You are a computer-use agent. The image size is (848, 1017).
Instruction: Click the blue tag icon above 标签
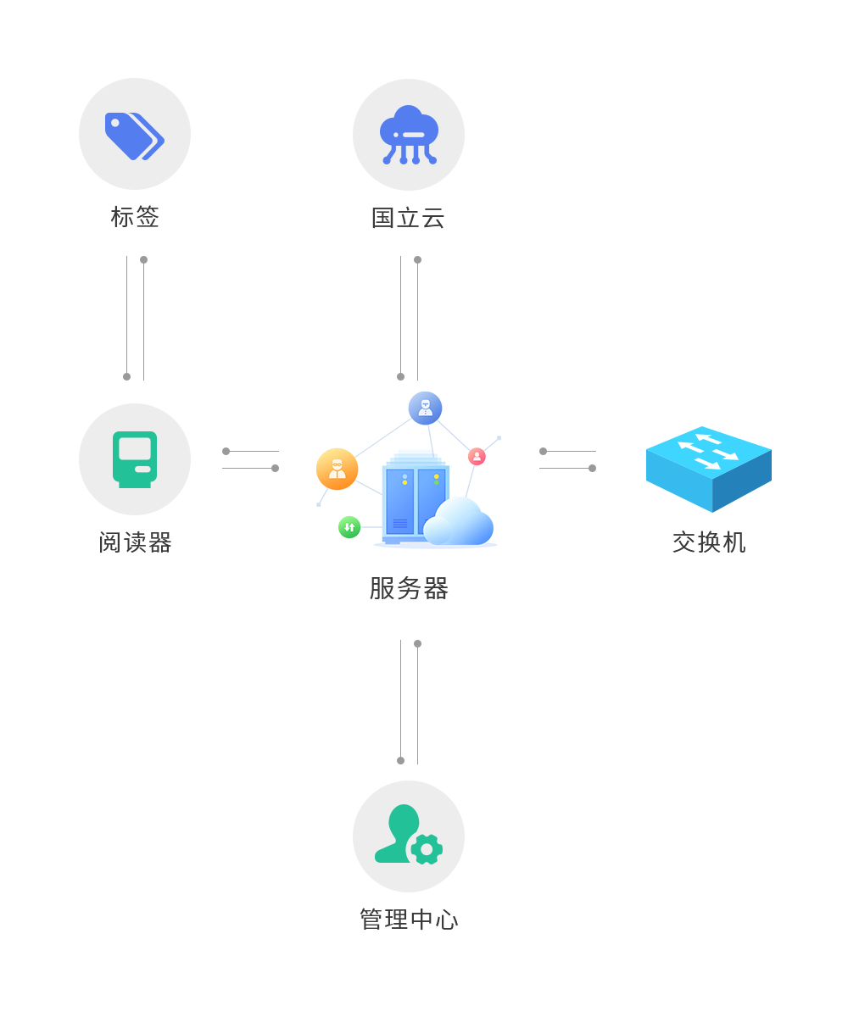[x=134, y=135]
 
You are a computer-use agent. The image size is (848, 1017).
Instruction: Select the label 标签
[x=135, y=217]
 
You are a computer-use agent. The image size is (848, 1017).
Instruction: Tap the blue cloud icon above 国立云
[x=409, y=135]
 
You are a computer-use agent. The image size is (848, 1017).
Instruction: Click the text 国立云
[x=409, y=218]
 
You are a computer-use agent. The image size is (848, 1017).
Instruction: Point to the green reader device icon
[x=135, y=459]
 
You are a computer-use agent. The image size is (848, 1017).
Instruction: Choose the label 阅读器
[x=135, y=542]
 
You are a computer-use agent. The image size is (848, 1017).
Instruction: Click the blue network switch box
[x=709, y=469]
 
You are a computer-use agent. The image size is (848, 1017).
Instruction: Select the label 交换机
[x=709, y=542]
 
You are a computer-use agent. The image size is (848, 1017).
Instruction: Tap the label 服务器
[x=409, y=588]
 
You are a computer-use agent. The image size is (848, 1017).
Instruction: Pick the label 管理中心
[x=409, y=920]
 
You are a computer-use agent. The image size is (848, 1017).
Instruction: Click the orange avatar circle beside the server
[x=338, y=469]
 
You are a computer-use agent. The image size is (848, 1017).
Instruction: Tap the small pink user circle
[x=477, y=456]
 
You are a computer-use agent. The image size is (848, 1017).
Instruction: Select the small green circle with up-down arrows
[x=349, y=527]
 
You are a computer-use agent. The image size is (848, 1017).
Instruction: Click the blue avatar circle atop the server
[x=425, y=408]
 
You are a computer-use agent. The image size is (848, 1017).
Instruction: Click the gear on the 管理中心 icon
[x=427, y=849]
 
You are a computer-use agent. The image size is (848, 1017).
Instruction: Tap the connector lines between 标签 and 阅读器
[x=135, y=318]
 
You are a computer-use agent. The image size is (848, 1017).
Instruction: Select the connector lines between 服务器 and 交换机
[x=567, y=459]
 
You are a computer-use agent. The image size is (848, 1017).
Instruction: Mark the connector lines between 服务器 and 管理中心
[x=409, y=702]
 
